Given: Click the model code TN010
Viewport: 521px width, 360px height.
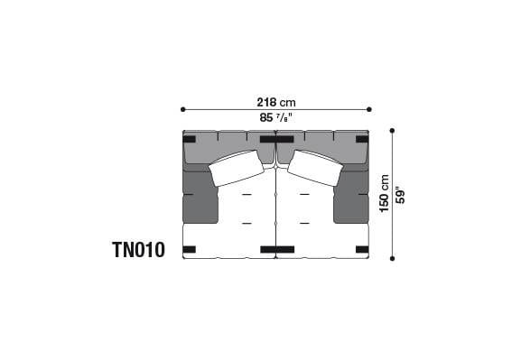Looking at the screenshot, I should coord(138,250).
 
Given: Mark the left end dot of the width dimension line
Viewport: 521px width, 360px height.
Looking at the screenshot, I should coord(183,109).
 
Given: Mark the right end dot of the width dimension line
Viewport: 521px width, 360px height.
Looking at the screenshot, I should coord(369,109).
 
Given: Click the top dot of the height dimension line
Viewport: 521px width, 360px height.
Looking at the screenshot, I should coord(392,131).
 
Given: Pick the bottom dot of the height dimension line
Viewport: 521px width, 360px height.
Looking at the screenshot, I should coord(392,258).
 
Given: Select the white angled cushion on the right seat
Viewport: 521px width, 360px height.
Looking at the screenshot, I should coord(314,168).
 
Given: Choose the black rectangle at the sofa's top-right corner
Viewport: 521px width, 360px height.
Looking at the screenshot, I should coord(362,139).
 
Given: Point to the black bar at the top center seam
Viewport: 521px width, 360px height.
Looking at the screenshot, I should coord(275,139).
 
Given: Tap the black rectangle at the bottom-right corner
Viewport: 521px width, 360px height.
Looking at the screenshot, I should coord(362,249).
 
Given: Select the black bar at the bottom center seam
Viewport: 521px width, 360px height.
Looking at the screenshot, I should coord(275,249).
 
